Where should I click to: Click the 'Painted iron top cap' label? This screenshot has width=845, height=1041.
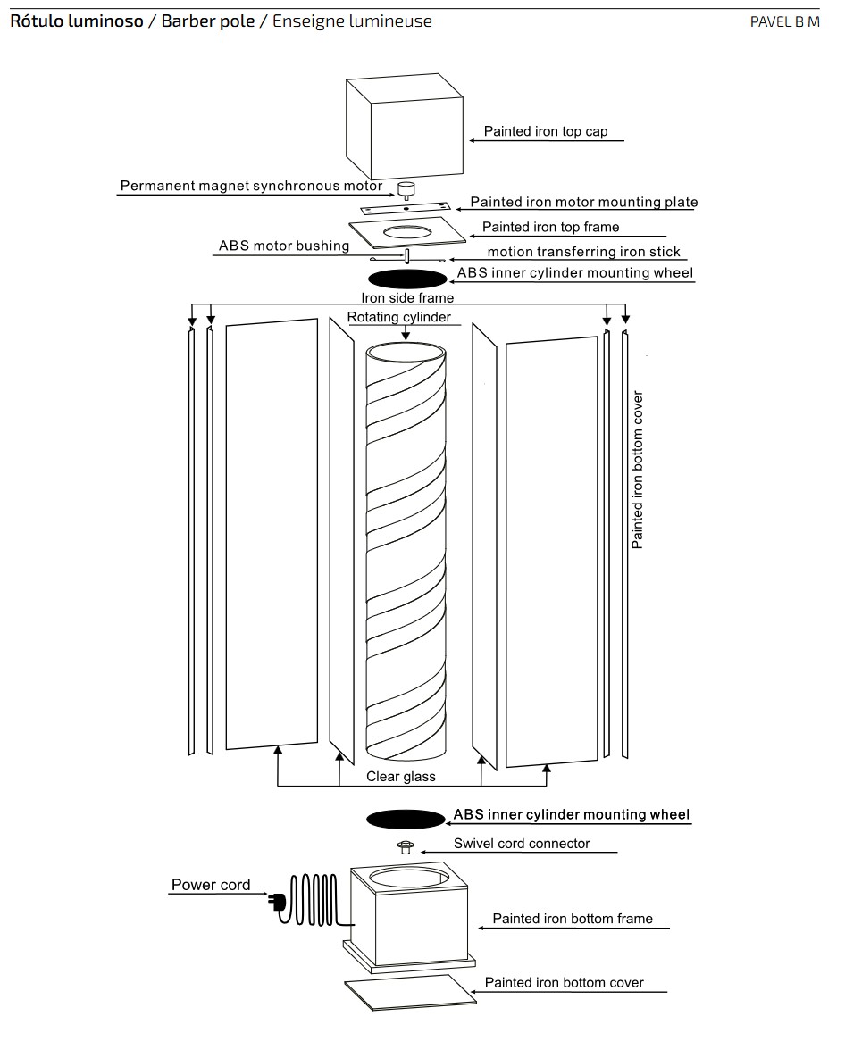(x=545, y=131)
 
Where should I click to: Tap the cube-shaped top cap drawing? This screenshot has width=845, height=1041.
(x=404, y=127)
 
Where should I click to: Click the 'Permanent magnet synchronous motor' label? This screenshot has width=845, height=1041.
(x=251, y=187)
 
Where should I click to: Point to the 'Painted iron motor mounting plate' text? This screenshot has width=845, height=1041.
(x=583, y=203)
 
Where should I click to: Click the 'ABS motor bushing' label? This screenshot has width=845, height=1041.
(x=284, y=246)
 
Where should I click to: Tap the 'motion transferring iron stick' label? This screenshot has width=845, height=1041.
(x=583, y=252)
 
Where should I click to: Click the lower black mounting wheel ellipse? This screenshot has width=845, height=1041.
(x=406, y=819)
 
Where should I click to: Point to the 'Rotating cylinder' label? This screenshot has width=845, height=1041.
(x=398, y=317)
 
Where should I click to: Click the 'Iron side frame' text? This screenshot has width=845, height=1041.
(x=407, y=297)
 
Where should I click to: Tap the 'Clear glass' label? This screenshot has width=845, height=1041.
(x=401, y=777)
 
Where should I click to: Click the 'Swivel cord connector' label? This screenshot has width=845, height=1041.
(x=522, y=843)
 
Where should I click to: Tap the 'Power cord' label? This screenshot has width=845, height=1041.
(x=211, y=885)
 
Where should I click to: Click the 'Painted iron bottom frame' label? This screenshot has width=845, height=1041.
(x=573, y=919)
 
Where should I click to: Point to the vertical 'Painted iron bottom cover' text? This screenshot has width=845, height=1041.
(x=638, y=470)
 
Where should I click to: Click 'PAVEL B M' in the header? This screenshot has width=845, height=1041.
(x=784, y=21)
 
